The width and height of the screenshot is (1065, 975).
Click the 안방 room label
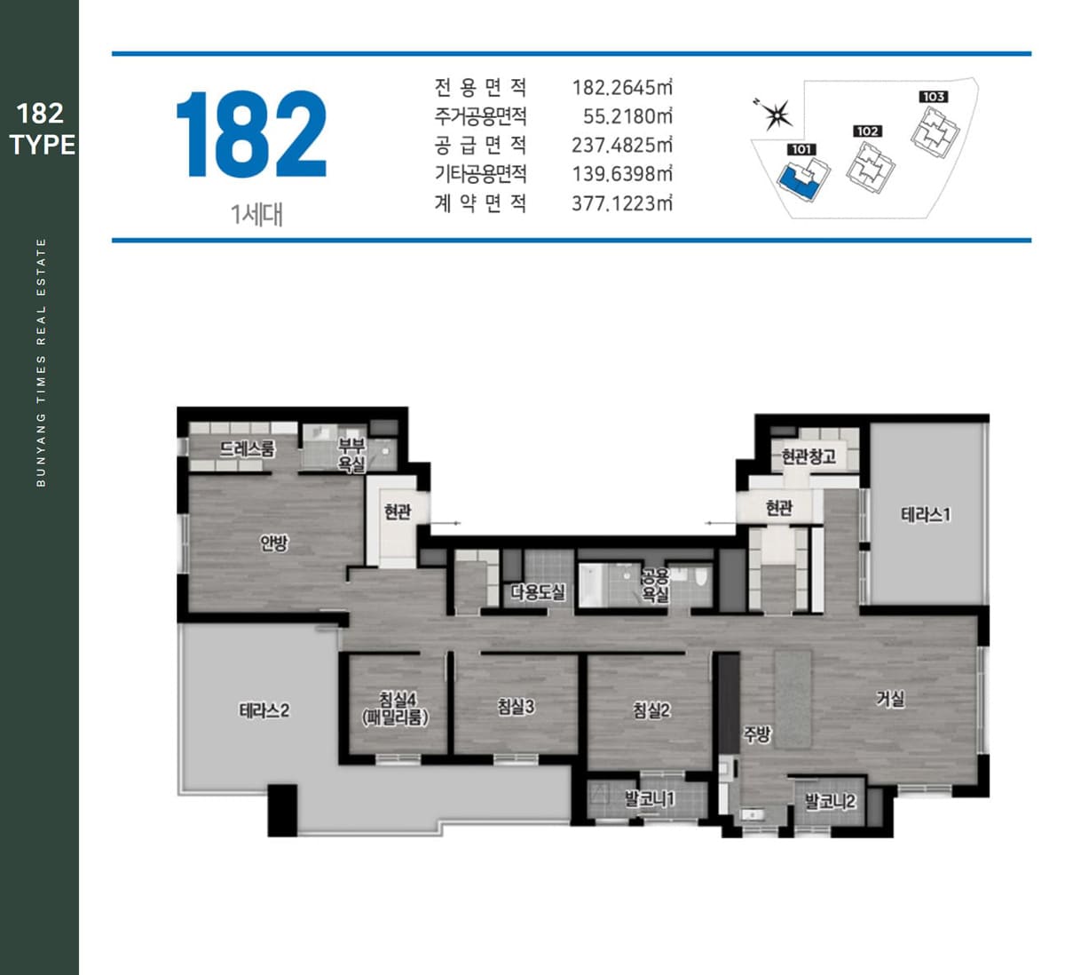274,543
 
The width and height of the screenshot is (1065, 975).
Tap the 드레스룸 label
248,449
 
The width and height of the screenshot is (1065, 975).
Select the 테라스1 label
926,514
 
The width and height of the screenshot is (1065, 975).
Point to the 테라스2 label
264,710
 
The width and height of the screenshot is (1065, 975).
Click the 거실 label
890,699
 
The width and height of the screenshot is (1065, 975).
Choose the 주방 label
756,734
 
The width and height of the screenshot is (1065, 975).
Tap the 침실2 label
651,710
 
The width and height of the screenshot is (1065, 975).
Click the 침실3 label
516,707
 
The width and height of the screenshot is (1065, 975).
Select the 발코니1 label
650,798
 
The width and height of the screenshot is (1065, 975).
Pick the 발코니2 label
831,801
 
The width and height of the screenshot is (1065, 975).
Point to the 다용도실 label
538,592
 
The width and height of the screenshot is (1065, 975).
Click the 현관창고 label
809,456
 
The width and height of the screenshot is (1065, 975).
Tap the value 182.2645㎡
622,87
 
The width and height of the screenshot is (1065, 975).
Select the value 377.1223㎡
622,203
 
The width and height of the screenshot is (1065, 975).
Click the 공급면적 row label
480,145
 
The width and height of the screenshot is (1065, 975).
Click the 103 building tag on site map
934,97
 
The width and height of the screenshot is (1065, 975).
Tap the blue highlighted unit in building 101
796,183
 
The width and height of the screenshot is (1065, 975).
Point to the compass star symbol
777,115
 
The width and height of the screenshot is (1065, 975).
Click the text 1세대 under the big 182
256,215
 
